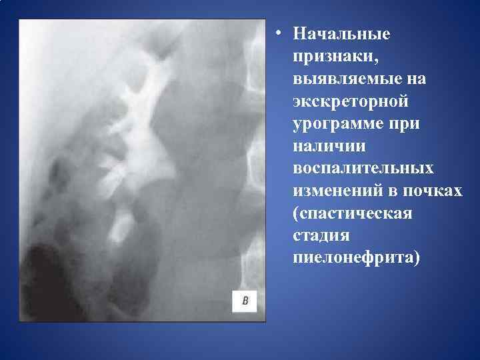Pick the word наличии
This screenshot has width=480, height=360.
(x=323, y=147)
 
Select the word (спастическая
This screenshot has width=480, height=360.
(x=352, y=215)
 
